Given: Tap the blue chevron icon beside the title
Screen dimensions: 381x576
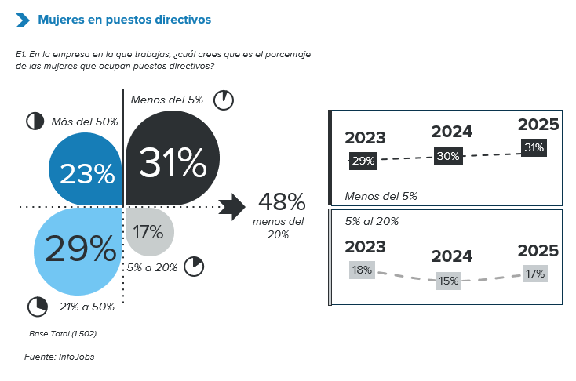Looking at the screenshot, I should click(x=24, y=19).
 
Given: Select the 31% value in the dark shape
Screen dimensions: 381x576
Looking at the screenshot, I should click(x=173, y=162).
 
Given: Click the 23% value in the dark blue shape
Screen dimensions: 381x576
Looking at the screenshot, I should click(x=87, y=173).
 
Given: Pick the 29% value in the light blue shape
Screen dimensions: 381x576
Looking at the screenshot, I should click(x=80, y=249).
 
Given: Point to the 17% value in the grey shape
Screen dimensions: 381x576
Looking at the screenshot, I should click(x=148, y=232).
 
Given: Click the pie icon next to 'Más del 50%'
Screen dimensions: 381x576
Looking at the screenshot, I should click(x=35, y=121).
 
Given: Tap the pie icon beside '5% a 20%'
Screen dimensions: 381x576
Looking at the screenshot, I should click(x=194, y=266).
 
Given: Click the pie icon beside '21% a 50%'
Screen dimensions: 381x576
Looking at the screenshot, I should click(x=37, y=305).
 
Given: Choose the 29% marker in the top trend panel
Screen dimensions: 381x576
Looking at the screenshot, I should click(x=363, y=161).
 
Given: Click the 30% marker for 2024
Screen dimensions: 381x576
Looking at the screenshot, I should click(x=447, y=156).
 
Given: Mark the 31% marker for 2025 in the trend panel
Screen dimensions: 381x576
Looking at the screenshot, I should click(x=534, y=147).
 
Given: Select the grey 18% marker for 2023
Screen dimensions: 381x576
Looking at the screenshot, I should click(x=362, y=270).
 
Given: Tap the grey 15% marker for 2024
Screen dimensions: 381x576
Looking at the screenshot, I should click(x=449, y=280).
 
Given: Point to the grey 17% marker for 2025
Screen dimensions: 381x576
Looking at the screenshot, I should click(x=535, y=274).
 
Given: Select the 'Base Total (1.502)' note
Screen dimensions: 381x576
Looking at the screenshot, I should click(x=63, y=334).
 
